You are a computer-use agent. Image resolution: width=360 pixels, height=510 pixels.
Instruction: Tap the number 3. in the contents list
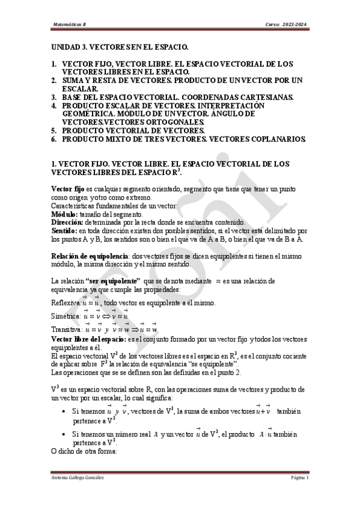(x=53, y=97)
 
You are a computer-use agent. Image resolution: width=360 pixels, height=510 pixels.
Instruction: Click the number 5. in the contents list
(x=53, y=130)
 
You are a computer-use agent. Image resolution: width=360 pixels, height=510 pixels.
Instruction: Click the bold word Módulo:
(x=64, y=214)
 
